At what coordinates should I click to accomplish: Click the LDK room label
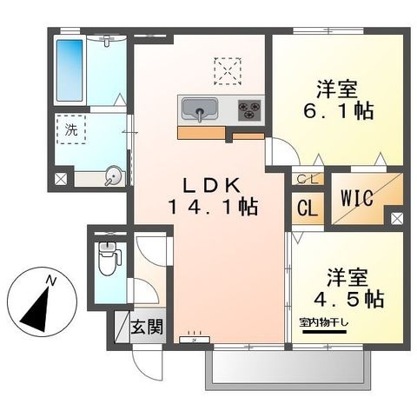pyautogui.click(x=212, y=185)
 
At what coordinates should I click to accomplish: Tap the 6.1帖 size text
pyautogui.click(x=338, y=111)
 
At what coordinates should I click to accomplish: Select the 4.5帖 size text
pyautogui.click(x=349, y=299)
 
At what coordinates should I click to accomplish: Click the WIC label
pyautogui.click(x=356, y=198)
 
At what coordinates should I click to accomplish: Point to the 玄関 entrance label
pyautogui.click(x=147, y=327)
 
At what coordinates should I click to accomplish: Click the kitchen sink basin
pyautogui.click(x=200, y=109)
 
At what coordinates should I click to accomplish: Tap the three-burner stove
pyautogui.click(x=249, y=110)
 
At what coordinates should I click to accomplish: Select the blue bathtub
pyautogui.click(x=69, y=70)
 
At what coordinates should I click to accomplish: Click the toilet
pyautogui.click(x=109, y=258)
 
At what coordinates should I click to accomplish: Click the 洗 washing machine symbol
pyautogui.click(x=71, y=129)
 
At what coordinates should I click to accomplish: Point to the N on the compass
pyautogui.click(x=51, y=281)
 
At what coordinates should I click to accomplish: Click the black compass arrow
pyautogui.click(x=36, y=310)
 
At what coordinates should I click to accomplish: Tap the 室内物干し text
pyautogui.click(x=324, y=322)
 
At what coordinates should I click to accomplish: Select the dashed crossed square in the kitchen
pyautogui.click(x=228, y=71)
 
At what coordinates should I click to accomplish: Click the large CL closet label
pyautogui.click(x=308, y=208)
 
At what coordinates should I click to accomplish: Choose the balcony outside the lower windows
pyautogui.click(x=288, y=367)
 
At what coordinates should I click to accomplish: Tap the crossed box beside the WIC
pyautogui.click(x=397, y=219)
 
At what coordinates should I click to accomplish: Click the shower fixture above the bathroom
pyautogui.click(x=107, y=41)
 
